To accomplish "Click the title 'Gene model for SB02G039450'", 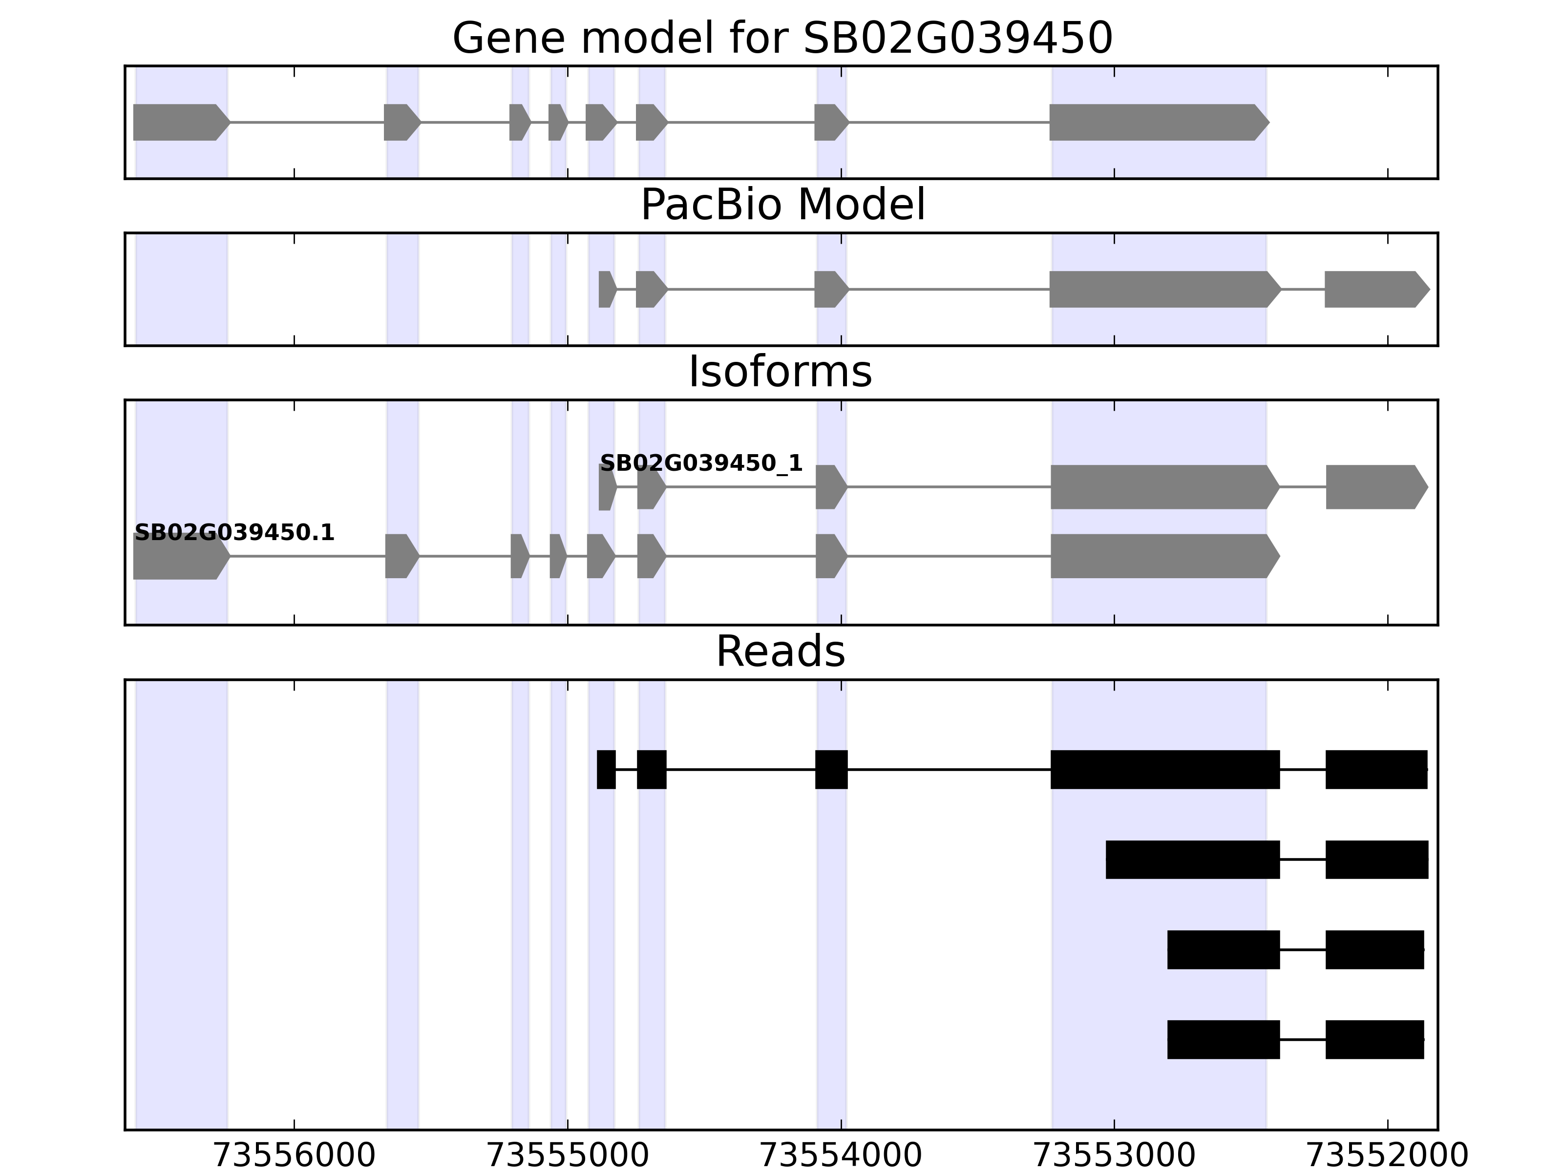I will pyautogui.click(x=782, y=38).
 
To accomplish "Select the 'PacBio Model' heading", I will pyautogui.click(x=782, y=205).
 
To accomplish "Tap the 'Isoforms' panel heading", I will pyautogui.click(x=780, y=372).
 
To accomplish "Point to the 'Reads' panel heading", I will pyautogui.click(x=780, y=651).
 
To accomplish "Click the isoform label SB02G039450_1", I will pyautogui.click(x=701, y=463).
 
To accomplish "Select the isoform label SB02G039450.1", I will pyautogui.click(x=234, y=533).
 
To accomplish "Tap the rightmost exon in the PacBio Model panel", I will pyautogui.click(x=1375, y=289).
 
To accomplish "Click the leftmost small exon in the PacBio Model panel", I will pyautogui.click(x=606, y=289).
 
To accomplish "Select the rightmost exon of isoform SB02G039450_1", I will pyautogui.click(x=1375, y=487).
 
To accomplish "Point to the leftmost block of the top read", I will pyautogui.click(x=606, y=769).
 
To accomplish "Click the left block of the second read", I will pyautogui.click(x=1193, y=860).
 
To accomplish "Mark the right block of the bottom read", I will pyautogui.click(x=1374, y=1039).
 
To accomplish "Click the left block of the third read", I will pyautogui.click(x=1223, y=949).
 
